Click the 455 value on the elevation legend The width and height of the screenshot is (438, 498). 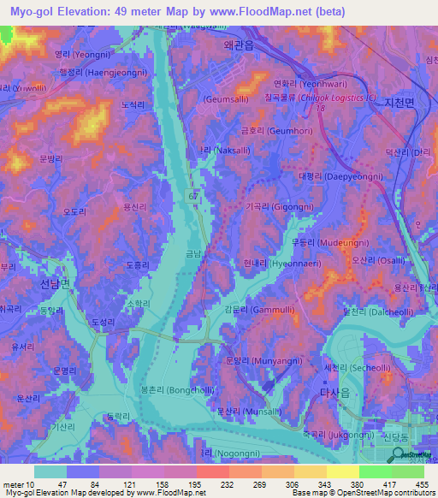[x=422, y=483]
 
